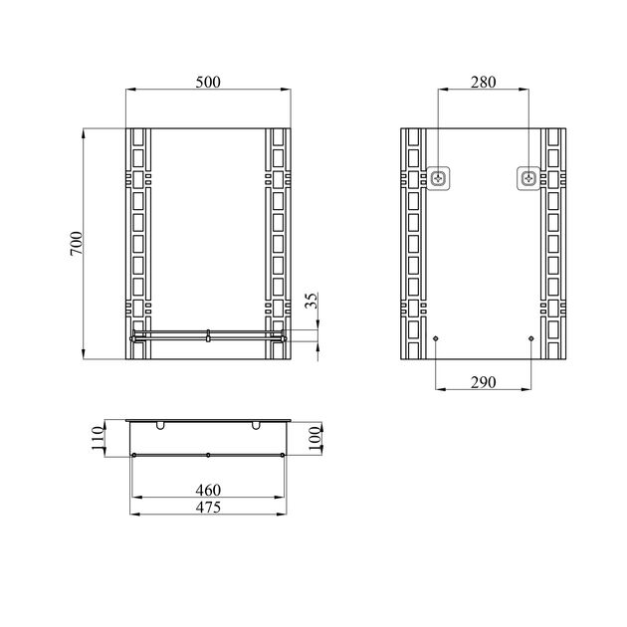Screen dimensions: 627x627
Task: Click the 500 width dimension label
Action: (208, 82)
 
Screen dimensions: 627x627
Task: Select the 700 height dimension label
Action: (77, 243)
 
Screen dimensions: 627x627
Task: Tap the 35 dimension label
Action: (312, 301)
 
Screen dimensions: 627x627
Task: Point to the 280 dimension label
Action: (483, 82)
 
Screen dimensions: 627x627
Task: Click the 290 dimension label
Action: (483, 383)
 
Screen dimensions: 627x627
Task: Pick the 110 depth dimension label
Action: (98, 438)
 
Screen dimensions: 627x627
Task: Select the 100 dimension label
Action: (315, 438)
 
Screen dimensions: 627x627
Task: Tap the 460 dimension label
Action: (208, 490)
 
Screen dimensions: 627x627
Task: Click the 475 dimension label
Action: (208, 507)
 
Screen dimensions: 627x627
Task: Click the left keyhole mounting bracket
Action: (439, 178)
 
